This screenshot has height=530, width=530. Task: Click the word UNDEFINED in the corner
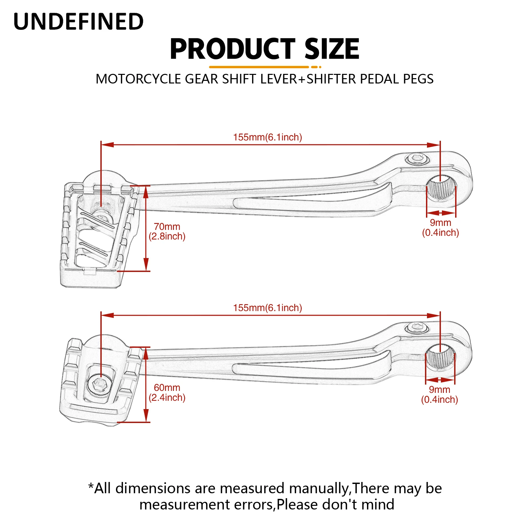coord(79,22)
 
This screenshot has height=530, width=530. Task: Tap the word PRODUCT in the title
coord(232,49)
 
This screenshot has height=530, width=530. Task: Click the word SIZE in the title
coord(332,49)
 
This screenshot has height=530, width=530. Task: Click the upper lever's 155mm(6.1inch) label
coord(268,137)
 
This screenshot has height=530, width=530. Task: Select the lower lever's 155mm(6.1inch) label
coord(268,308)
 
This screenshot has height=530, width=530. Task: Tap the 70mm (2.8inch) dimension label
coord(167,232)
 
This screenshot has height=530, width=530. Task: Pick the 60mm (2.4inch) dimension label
coord(167,393)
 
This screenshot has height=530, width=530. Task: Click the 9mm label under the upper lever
coord(441,223)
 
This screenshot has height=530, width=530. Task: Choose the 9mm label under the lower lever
coord(440,390)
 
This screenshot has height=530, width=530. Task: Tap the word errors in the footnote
coord(254,504)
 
